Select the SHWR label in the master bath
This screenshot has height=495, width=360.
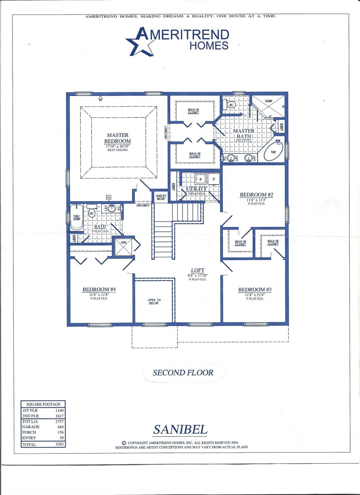[x=268, y=101]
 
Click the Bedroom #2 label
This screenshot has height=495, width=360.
[x=256, y=195]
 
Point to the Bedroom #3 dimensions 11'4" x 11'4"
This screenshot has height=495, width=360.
[x=255, y=295]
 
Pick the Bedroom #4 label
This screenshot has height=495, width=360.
[x=99, y=289]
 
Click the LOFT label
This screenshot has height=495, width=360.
[x=197, y=270]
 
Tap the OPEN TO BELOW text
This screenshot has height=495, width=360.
[x=154, y=302]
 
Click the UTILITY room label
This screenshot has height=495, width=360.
[x=196, y=189]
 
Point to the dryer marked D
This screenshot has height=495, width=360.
[x=214, y=179]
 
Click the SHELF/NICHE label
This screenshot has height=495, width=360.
[x=161, y=197]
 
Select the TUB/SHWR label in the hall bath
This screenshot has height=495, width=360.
[x=76, y=218]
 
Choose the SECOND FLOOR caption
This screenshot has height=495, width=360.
[x=183, y=373]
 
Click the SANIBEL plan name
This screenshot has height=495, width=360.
[x=180, y=429]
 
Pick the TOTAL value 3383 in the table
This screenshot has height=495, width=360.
[x=60, y=444]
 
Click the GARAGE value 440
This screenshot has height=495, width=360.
[x=60, y=427]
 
